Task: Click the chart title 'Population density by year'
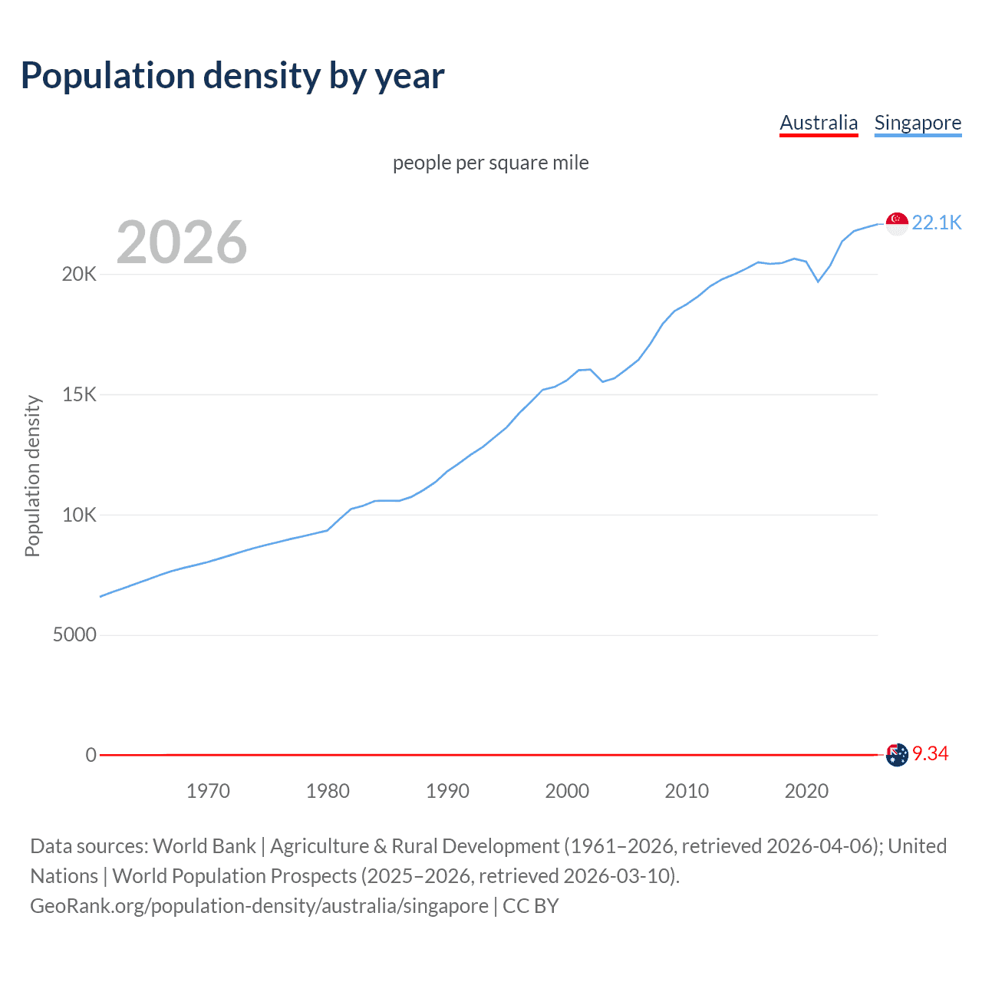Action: coord(232,76)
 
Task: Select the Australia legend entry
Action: coord(819,123)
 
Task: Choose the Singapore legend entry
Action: coord(918,123)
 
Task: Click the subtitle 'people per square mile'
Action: coord(490,163)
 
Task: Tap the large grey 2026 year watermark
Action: coord(182,242)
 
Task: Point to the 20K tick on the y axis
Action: coord(79,275)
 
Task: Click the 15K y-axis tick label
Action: coord(79,395)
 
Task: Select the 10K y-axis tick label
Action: coord(79,515)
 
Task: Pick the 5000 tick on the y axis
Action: coord(74,635)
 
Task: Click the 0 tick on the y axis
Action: coord(91,755)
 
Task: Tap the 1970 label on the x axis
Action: coord(208,791)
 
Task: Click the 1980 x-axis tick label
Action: coord(328,791)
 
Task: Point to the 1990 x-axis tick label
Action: coord(447,791)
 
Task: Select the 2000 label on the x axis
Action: coord(567,791)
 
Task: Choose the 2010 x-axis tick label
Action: coord(687,791)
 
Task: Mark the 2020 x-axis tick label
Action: coord(806,791)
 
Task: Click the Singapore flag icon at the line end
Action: coord(897,223)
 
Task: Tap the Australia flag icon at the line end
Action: coord(897,755)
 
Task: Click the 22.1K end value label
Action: coord(937,222)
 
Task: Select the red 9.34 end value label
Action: coord(930,754)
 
